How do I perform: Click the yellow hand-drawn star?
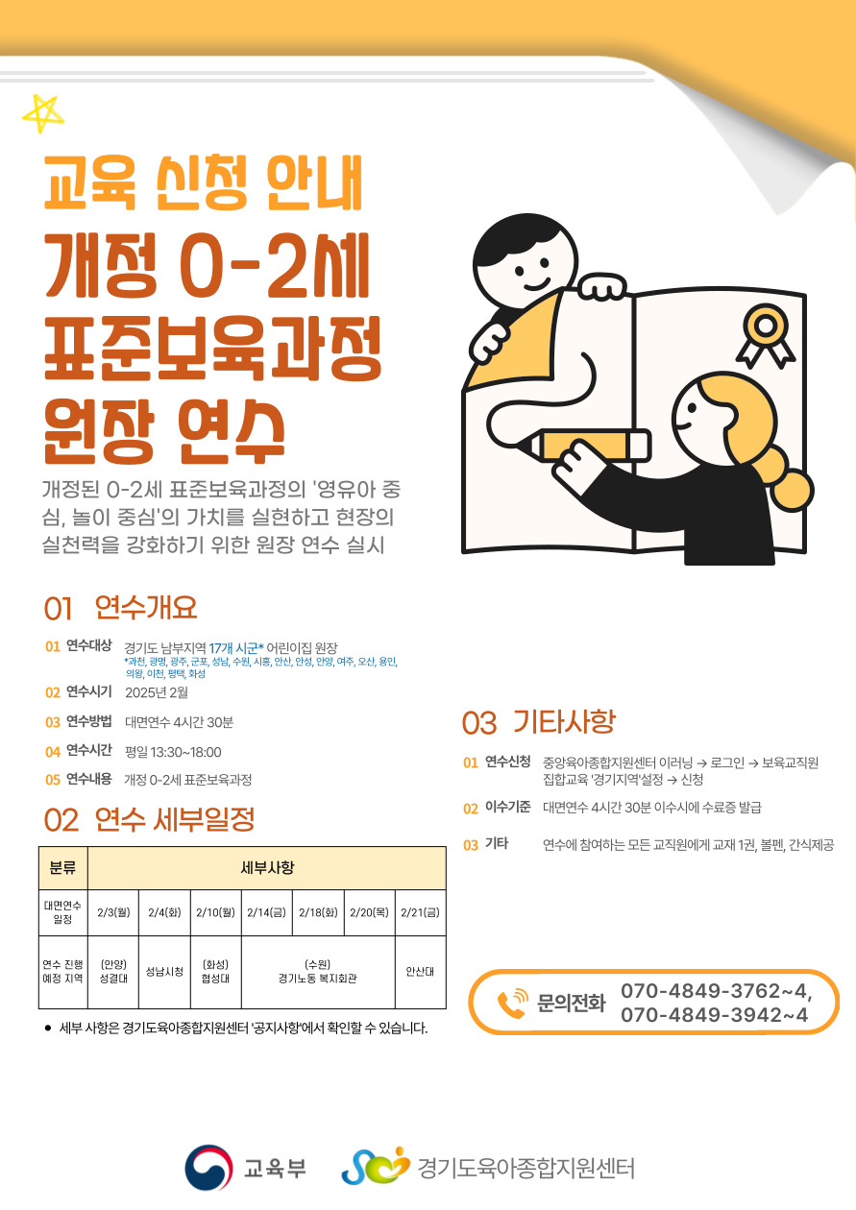point(42,113)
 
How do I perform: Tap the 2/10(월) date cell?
point(215,912)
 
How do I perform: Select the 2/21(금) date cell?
point(421,912)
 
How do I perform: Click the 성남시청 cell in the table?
point(164,971)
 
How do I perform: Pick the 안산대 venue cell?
point(421,971)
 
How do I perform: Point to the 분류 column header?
point(62,867)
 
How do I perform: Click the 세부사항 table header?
point(267,867)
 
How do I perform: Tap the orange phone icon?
point(512,1004)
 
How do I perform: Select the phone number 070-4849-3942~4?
point(714,1015)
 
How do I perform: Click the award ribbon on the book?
point(766,336)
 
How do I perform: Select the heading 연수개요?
point(146,607)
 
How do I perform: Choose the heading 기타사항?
point(564,722)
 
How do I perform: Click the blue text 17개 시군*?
point(236,647)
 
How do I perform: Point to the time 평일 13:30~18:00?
point(173,752)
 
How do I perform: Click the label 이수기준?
point(508,807)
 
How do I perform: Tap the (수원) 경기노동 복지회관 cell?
point(318,971)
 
